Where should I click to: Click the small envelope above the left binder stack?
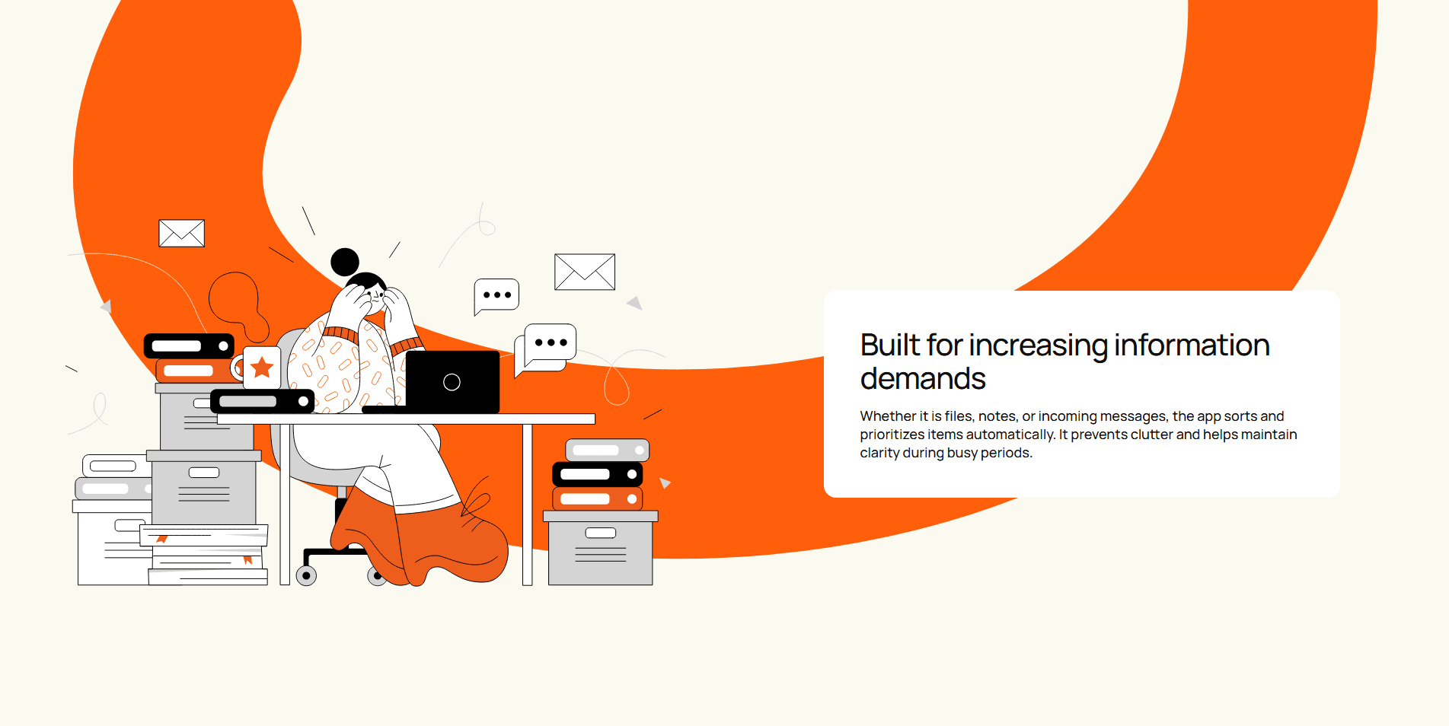click(181, 233)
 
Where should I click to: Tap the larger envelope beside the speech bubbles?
click(585, 272)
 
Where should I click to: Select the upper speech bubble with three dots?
click(496, 295)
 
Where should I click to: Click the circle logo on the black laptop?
click(452, 382)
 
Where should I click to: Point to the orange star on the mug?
click(262, 367)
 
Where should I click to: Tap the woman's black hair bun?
click(345, 262)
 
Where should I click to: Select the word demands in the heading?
click(923, 379)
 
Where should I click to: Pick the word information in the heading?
click(1192, 345)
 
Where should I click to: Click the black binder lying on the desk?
click(262, 401)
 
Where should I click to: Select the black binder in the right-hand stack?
click(598, 474)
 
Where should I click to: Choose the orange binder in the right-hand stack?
click(598, 499)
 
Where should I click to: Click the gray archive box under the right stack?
click(601, 548)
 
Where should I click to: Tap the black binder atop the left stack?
click(190, 346)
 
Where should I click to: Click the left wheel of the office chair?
click(306, 575)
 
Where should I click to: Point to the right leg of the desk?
click(527, 505)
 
